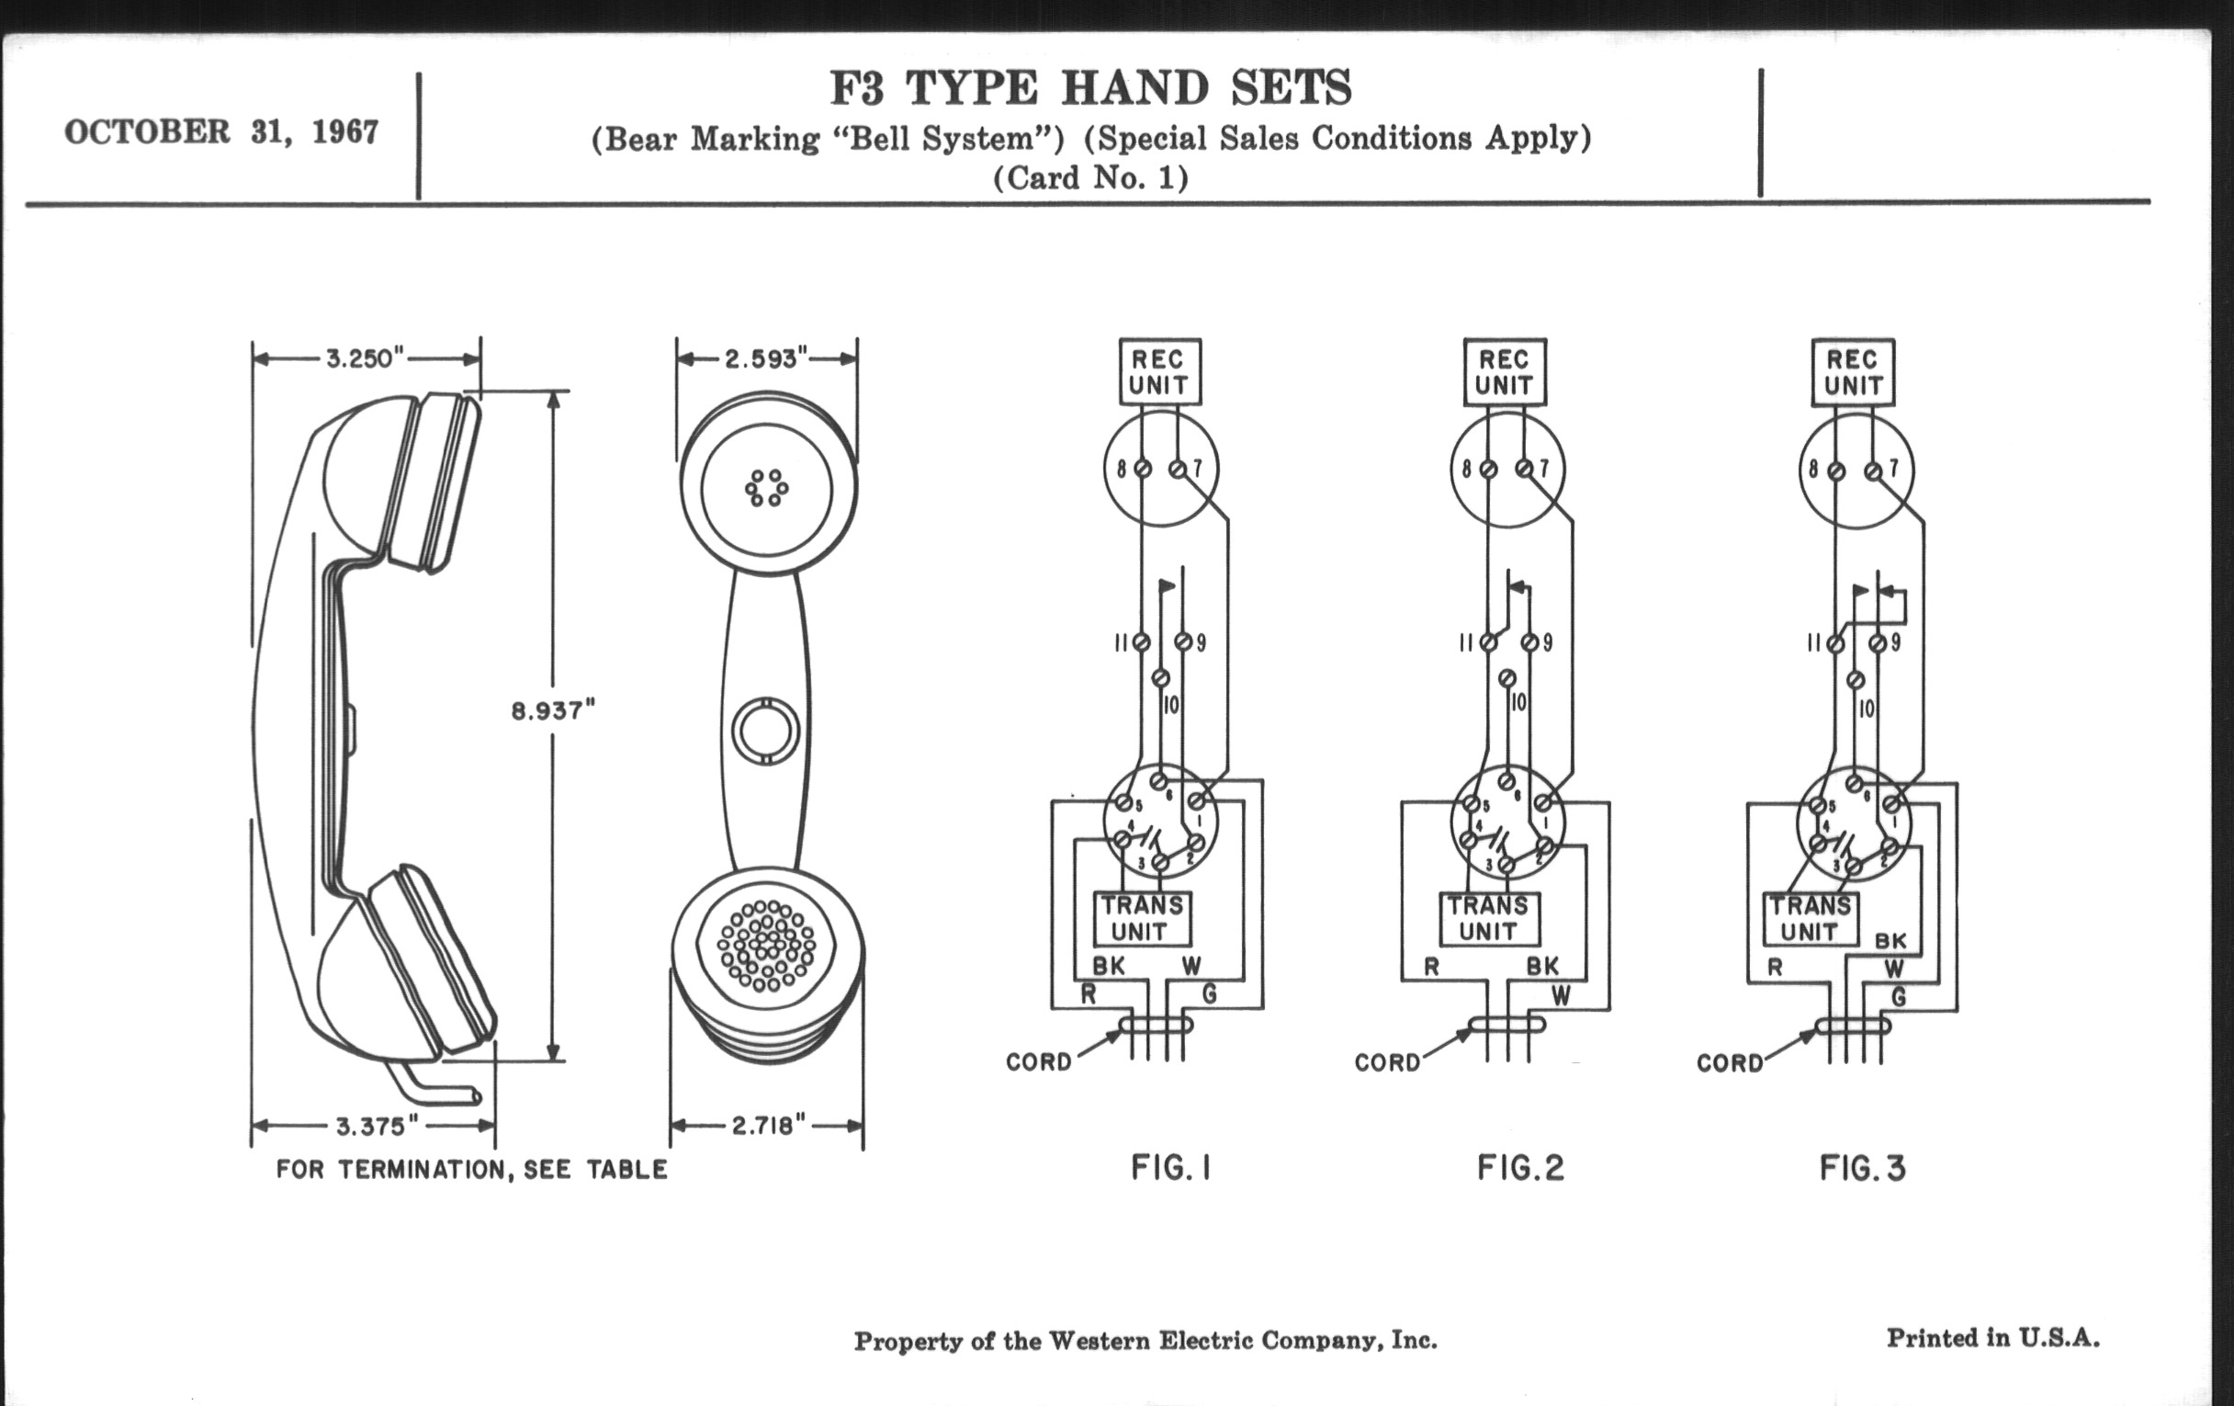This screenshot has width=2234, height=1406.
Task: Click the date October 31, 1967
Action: pyautogui.click(x=220, y=131)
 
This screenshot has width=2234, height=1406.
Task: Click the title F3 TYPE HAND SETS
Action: pyautogui.click(x=1090, y=89)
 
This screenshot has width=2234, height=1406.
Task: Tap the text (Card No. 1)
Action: pyautogui.click(x=1090, y=177)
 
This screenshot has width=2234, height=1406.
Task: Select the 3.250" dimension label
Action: pyautogui.click(x=366, y=358)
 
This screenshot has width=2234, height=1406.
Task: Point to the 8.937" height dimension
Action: pyautogui.click(x=553, y=711)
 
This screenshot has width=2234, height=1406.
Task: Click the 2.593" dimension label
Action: pyautogui.click(x=766, y=358)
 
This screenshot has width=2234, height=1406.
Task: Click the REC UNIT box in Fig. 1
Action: pyautogui.click(x=1159, y=372)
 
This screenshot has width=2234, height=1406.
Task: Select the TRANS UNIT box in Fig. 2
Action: pyautogui.click(x=1489, y=919)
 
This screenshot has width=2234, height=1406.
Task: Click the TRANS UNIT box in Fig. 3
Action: pyautogui.click(x=1810, y=919)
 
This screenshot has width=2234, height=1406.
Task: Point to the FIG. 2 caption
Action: pyautogui.click(x=1520, y=1167)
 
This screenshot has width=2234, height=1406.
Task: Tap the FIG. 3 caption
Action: pyautogui.click(x=1862, y=1167)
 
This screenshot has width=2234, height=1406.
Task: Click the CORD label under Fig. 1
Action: pyautogui.click(x=1038, y=1061)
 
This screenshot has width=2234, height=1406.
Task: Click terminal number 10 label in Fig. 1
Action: pyautogui.click(x=1171, y=705)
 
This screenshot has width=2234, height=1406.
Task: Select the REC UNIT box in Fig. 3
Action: pyautogui.click(x=1853, y=372)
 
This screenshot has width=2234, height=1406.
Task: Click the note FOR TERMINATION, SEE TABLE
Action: pyautogui.click(x=471, y=1169)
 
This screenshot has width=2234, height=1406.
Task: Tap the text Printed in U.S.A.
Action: pyautogui.click(x=1992, y=1337)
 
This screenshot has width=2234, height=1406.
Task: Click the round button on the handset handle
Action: pyautogui.click(x=765, y=731)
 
